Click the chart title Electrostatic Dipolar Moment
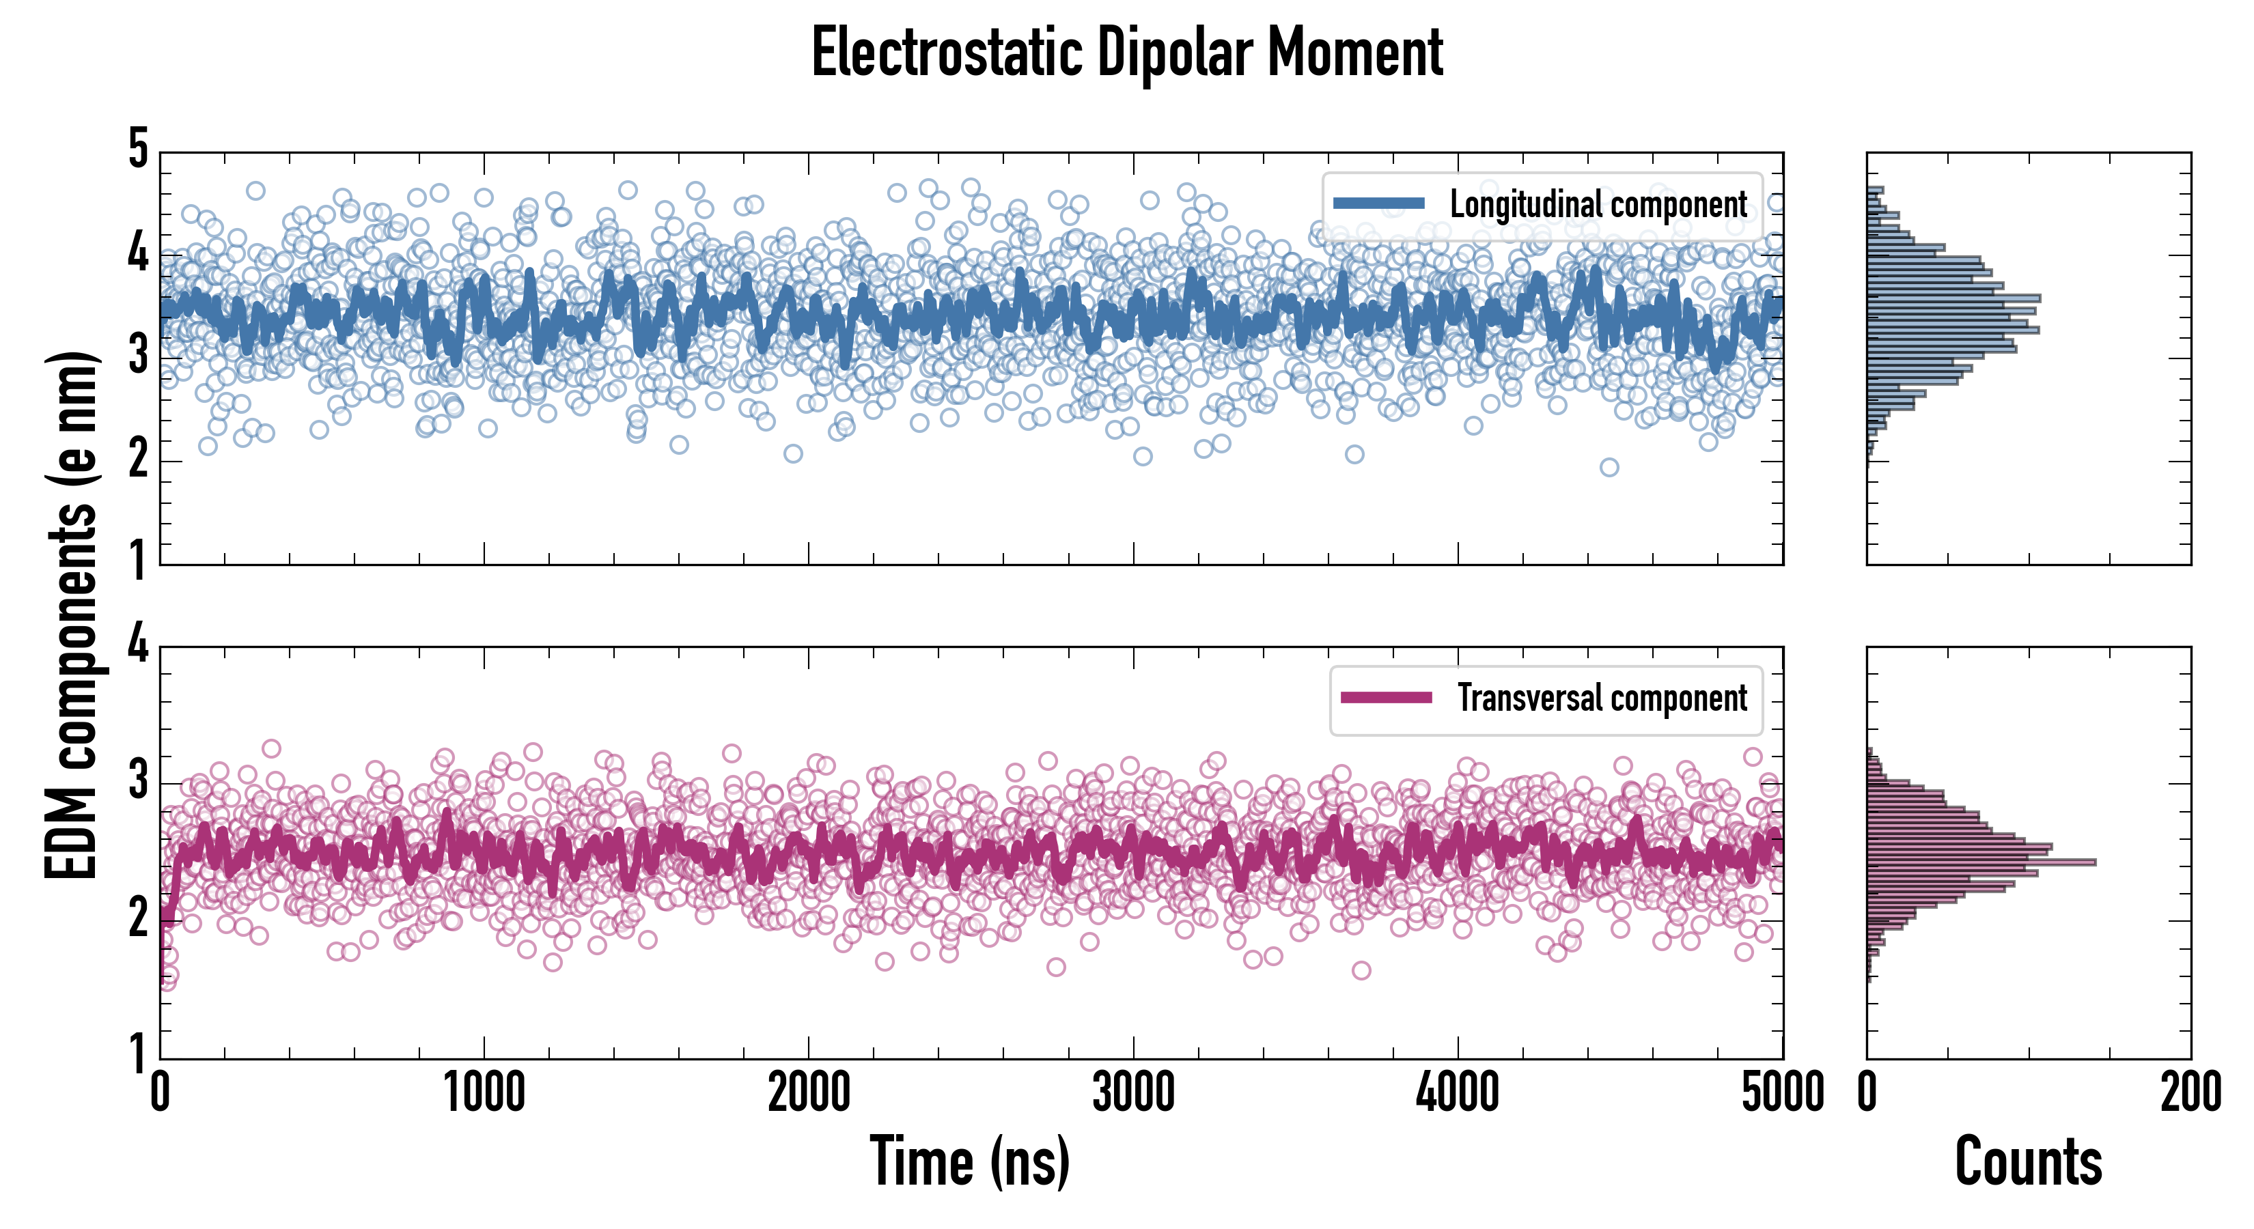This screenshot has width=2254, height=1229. click(x=1127, y=53)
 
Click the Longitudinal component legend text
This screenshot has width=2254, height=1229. click(x=1598, y=205)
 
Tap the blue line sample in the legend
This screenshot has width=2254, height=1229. click(x=1379, y=204)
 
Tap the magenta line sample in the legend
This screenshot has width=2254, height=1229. click(x=1386, y=697)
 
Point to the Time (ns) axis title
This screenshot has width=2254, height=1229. click(x=969, y=1161)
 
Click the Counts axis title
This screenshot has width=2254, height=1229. click(x=2028, y=1161)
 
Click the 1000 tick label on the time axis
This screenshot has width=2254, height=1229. click(x=484, y=1093)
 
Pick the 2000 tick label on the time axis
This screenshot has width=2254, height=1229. click(x=809, y=1093)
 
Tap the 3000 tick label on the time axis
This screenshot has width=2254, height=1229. click(x=1133, y=1093)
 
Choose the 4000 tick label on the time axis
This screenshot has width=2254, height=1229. click(x=1458, y=1093)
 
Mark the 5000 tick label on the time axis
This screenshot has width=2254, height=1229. click(x=1783, y=1093)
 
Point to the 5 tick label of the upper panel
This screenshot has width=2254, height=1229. click(x=138, y=150)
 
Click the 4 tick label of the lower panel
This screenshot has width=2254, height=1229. click(x=138, y=645)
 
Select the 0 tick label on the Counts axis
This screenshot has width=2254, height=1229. click(x=1867, y=1093)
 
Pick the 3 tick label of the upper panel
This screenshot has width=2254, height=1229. click(x=138, y=356)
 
